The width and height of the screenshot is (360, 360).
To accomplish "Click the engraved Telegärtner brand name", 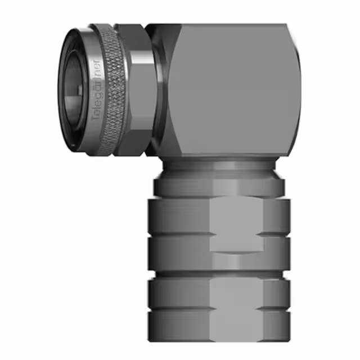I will [x=96, y=90].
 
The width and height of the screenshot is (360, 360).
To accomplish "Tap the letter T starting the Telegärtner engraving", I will [x=96, y=118].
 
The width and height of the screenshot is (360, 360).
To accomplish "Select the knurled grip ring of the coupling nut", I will [x=115, y=90].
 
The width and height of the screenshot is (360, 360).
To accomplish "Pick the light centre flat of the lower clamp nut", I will [x=236, y=304].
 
